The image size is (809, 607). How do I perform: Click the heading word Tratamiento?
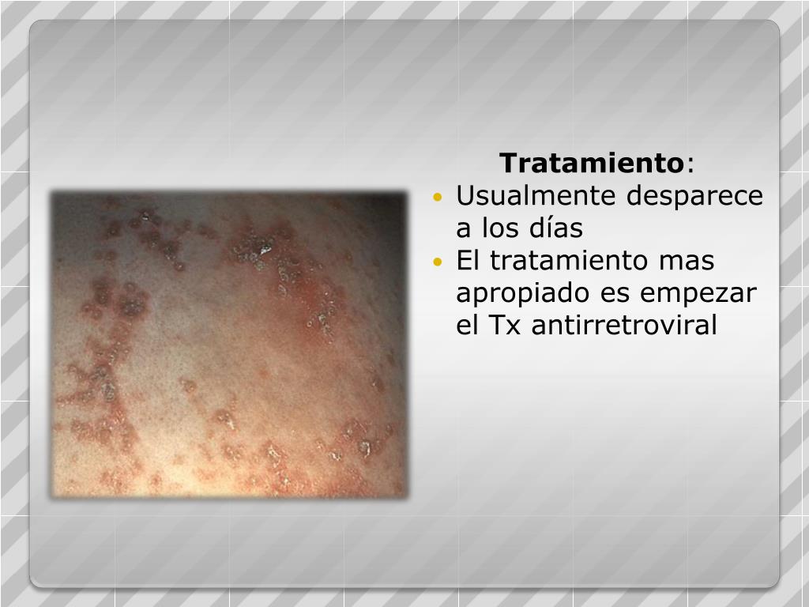tap(591, 164)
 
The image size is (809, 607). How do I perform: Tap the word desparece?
tap(694, 196)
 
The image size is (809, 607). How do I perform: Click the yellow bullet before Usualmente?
tap(439, 198)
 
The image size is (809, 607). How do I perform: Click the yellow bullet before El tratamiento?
tap(439, 262)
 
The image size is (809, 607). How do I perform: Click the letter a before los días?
tap(463, 228)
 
